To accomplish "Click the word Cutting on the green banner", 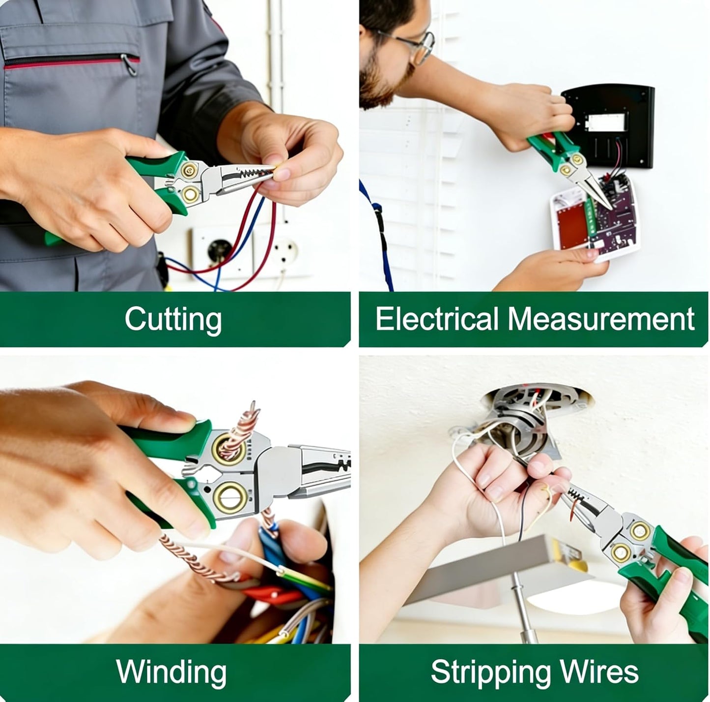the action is (x=173, y=320).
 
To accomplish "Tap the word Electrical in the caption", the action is (x=437, y=319).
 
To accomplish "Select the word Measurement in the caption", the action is (x=601, y=319).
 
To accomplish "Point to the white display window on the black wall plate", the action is (x=606, y=123).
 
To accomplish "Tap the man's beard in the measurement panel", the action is (x=381, y=83).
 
